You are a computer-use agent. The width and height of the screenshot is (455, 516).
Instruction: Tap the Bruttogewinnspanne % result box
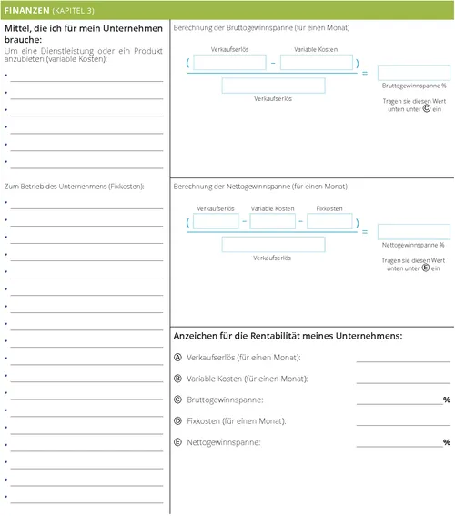tap(413, 73)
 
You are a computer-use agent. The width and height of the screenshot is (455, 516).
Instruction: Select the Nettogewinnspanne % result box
tap(413, 231)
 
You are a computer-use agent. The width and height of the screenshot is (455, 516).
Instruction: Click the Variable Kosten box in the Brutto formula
tap(316, 62)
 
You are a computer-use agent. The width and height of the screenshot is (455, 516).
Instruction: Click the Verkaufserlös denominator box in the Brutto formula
tap(273, 86)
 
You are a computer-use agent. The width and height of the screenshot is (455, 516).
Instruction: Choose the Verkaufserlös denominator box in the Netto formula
tap(273, 244)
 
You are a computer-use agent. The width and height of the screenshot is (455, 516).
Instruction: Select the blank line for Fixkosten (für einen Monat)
tap(403, 424)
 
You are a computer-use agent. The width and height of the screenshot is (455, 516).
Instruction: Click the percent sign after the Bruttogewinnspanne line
tap(447, 400)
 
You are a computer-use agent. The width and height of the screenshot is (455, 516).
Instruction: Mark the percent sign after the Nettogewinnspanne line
tap(447, 442)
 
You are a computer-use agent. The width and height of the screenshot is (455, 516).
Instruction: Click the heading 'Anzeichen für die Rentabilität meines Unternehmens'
tap(288, 337)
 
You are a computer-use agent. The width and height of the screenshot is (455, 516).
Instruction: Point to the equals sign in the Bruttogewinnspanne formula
tap(366, 73)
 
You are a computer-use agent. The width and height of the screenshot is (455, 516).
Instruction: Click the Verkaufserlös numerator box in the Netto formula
tap(217, 221)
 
